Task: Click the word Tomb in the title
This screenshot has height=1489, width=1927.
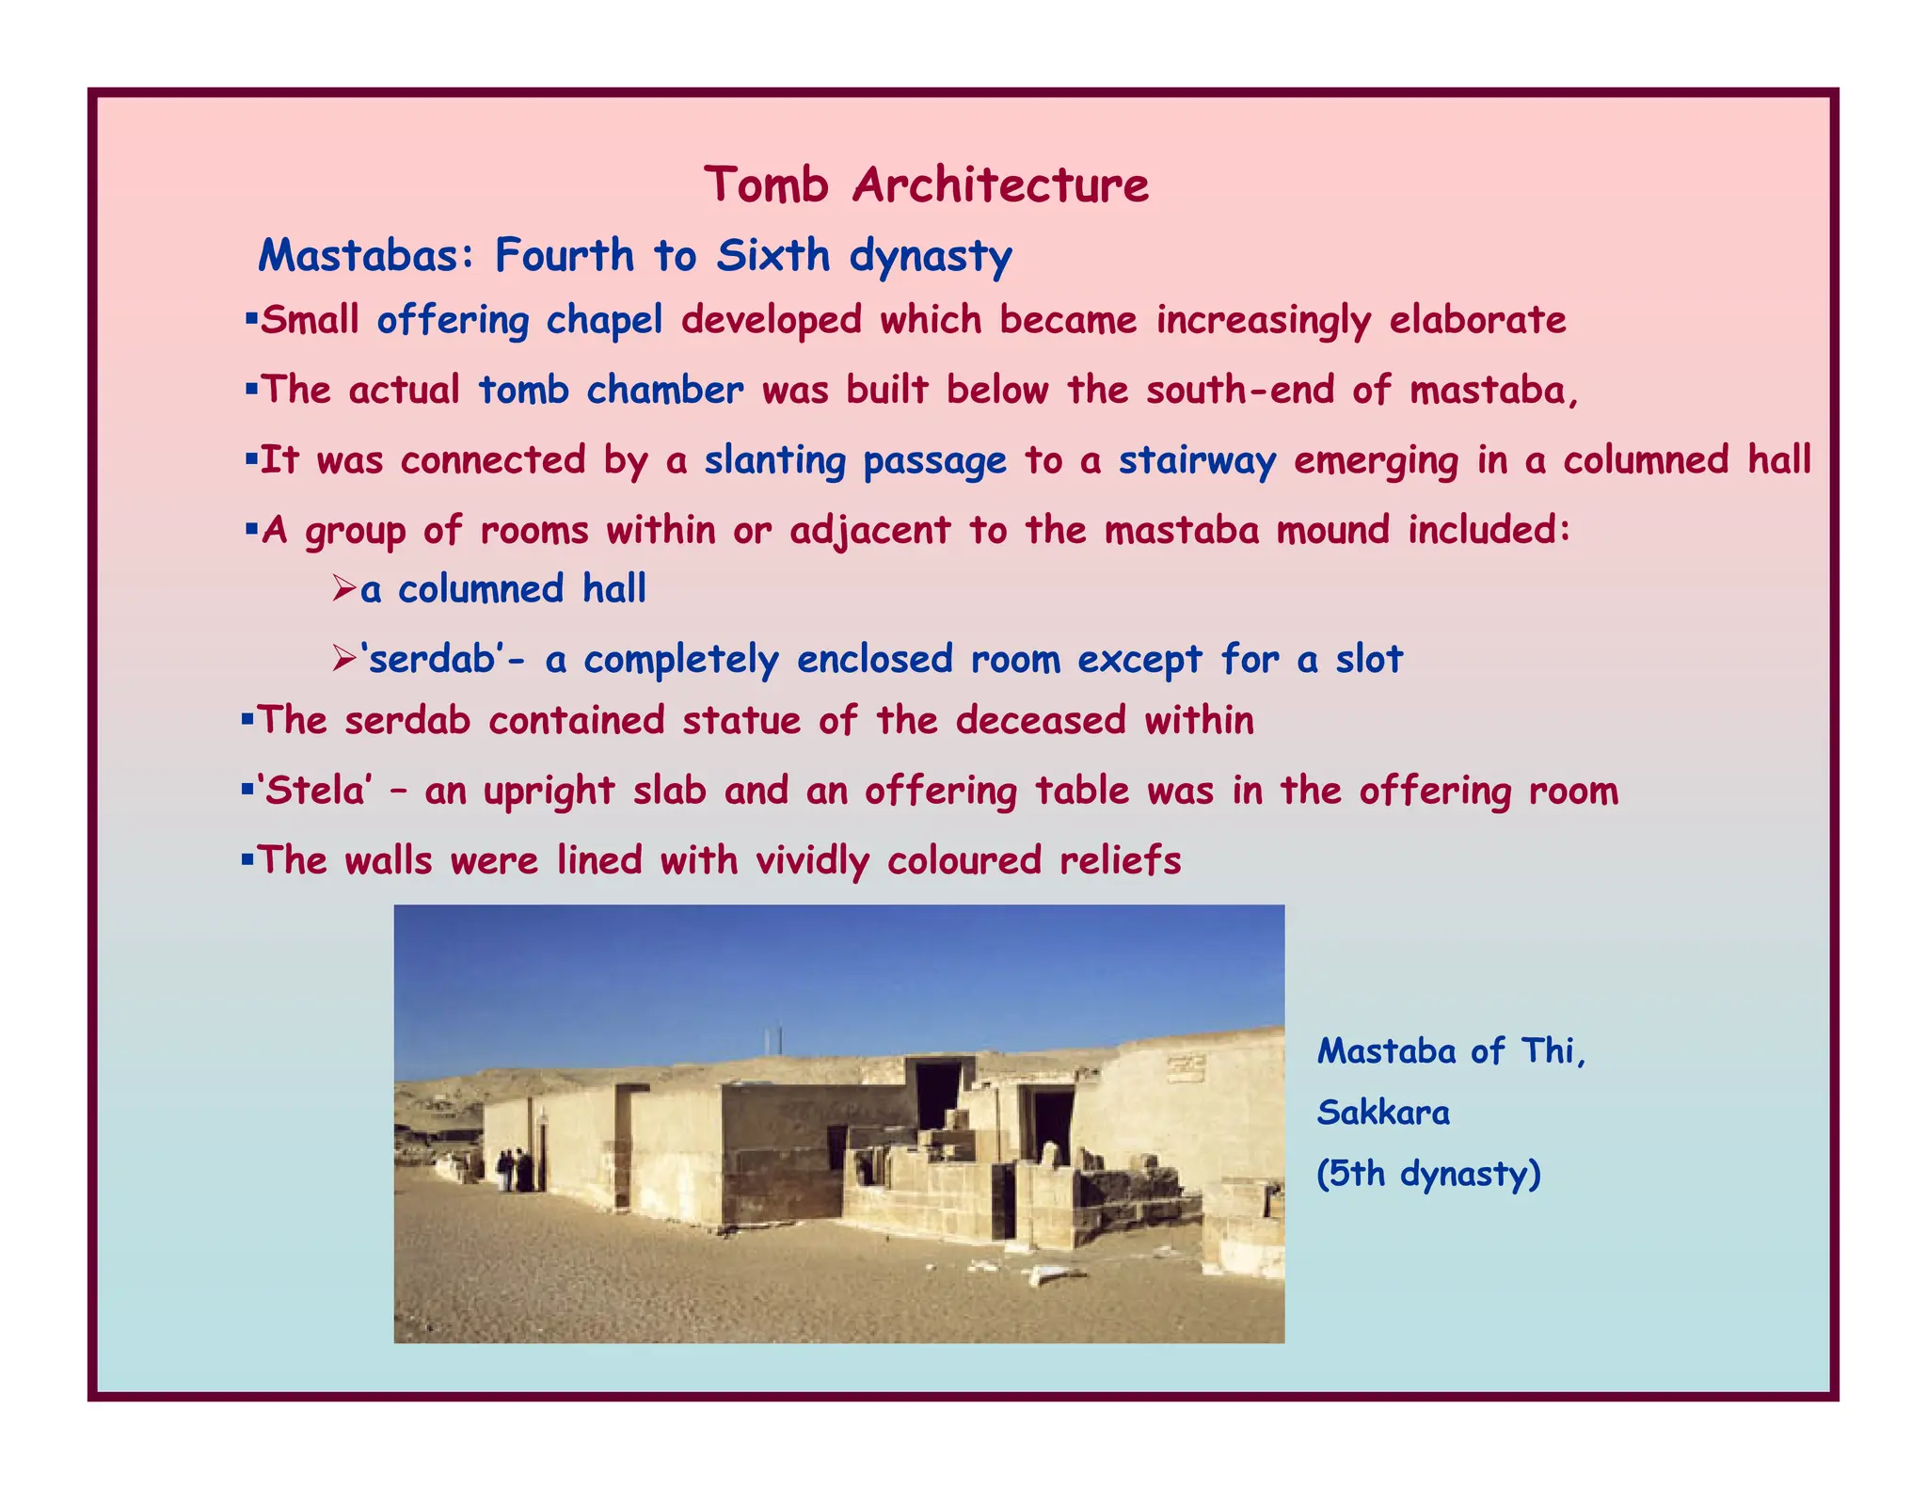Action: [766, 184]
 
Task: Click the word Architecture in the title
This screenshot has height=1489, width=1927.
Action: [1000, 184]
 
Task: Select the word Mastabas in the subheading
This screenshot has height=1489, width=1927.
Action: [359, 256]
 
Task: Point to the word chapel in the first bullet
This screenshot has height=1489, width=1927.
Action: [604, 321]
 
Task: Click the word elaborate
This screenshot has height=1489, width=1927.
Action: [1477, 321]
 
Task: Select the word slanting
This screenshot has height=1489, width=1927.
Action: [775, 461]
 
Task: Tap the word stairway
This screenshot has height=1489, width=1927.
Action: [1197, 461]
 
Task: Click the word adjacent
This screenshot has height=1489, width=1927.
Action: [869, 532]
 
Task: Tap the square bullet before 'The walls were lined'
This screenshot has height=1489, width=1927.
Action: [247, 859]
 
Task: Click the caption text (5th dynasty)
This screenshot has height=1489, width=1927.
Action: [1428, 1175]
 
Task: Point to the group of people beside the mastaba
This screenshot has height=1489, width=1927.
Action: [515, 1171]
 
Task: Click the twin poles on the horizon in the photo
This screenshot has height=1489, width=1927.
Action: [773, 1040]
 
